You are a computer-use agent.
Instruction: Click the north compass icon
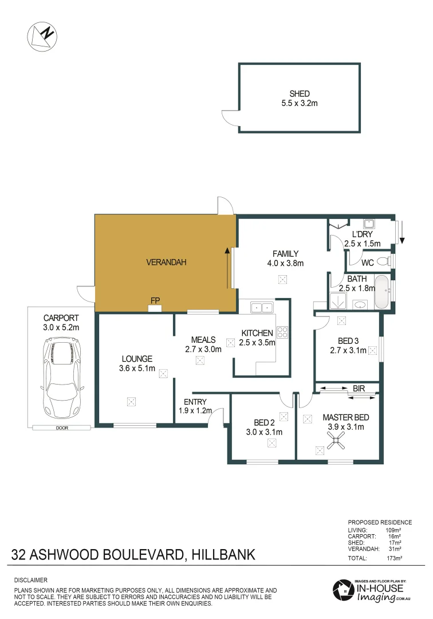[x=42, y=35]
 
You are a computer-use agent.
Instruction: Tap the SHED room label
[x=300, y=94]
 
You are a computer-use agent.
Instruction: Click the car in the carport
[x=62, y=377]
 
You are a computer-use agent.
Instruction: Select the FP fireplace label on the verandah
[x=155, y=300]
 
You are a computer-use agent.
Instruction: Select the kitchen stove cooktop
[x=282, y=331]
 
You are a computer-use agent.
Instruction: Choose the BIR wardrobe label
[x=359, y=389]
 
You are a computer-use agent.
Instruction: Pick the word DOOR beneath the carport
[x=61, y=428]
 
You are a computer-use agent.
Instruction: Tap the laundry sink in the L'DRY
[x=369, y=223]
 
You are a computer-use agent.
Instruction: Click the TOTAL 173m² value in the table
[x=394, y=557]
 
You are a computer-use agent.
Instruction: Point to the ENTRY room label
[x=195, y=402]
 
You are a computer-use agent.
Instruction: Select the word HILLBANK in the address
[x=223, y=555]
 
